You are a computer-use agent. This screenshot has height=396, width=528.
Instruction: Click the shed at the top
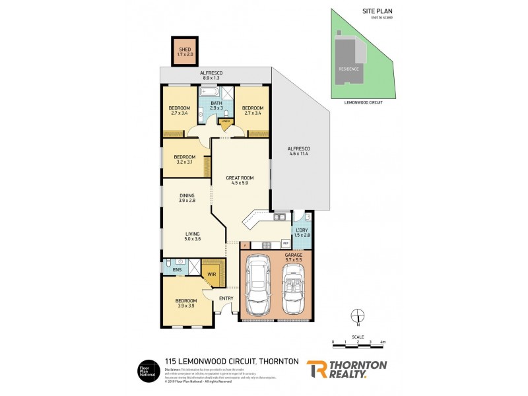point(184,50)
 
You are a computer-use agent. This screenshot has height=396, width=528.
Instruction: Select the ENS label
point(177,270)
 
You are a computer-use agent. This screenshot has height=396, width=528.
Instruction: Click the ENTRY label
point(224,298)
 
